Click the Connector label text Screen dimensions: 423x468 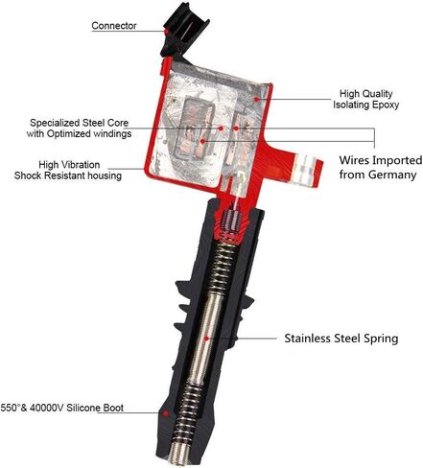[x=114, y=26]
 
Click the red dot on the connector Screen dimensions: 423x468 [x=167, y=32]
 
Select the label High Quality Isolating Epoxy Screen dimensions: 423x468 [x=365, y=99]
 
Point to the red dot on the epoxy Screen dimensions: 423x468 [x=256, y=99]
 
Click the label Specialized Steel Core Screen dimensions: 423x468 [x=79, y=123]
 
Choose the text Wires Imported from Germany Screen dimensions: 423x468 [x=381, y=167]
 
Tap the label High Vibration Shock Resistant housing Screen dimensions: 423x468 [x=68, y=170]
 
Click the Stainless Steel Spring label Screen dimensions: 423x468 [x=341, y=339]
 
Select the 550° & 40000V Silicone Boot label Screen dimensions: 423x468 [x=62, y=408]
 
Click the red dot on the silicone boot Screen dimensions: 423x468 [x=166, y=413]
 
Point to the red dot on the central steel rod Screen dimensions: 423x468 [x=206, y=339]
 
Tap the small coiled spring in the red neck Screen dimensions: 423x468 [x=230, y=222]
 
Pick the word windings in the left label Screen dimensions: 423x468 [x=112, y=133]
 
